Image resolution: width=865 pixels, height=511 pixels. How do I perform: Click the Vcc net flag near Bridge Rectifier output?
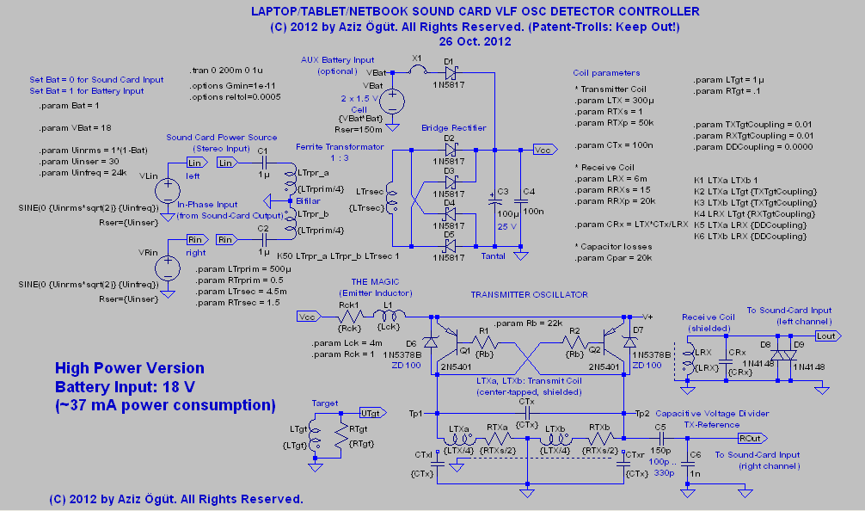(544, 148)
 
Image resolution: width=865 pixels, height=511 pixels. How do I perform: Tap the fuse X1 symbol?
(418, 72)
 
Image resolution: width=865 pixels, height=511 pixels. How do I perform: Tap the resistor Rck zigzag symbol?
(349, 317)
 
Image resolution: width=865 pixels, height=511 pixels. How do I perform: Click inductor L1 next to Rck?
(387, 316)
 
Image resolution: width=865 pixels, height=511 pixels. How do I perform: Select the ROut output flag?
(749, 437)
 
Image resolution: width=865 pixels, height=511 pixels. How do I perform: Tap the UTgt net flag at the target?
(371, 412)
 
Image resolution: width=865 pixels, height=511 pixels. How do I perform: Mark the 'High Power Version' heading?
(130, 368)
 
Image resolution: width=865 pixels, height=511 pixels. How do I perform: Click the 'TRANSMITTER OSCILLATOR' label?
(529, 295)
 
